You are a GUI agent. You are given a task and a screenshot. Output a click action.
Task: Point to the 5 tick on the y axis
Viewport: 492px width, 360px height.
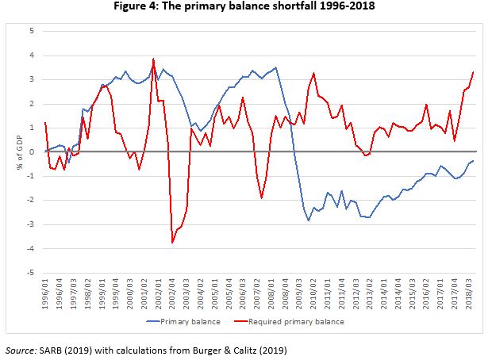[x=32, y=31]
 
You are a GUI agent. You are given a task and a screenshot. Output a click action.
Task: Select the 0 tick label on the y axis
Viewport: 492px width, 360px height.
[x=32, y=151]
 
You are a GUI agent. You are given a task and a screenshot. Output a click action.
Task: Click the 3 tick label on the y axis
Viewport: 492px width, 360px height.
[x=32, y=79]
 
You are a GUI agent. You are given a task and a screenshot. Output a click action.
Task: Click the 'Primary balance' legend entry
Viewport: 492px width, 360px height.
[x=187, y=322]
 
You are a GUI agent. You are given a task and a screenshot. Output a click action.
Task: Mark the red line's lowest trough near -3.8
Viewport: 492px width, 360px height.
[x=172, y=243]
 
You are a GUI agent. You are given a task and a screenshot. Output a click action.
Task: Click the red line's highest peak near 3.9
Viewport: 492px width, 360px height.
[x=153, y=59]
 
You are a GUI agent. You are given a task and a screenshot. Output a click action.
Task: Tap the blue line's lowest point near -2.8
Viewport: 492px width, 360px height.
[x=309, y=220]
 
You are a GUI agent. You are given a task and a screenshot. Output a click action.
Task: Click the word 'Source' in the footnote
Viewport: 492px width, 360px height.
[x=20, y=349]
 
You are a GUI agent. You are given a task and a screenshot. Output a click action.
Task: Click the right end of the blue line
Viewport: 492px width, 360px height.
[x=474, y=161]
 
